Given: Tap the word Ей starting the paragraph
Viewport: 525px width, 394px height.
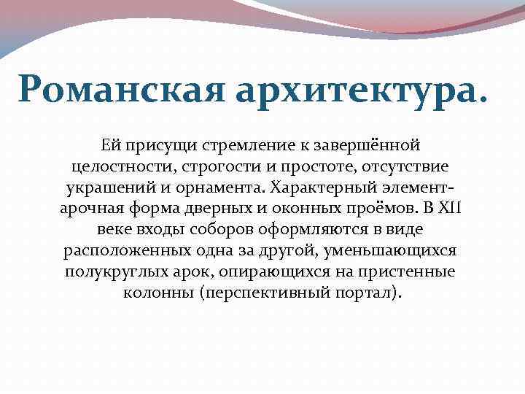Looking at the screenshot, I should coord(112,147).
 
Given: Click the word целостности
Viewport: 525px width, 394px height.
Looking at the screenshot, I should coord(118,167).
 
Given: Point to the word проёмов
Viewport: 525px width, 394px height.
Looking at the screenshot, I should coord(389,209).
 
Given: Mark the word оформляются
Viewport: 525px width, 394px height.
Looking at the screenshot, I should coord(312,230).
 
